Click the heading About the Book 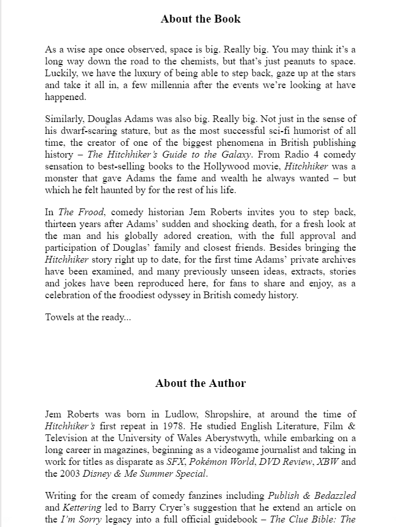(200, 19)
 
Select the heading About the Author (200, 384)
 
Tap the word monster (63, 178)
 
